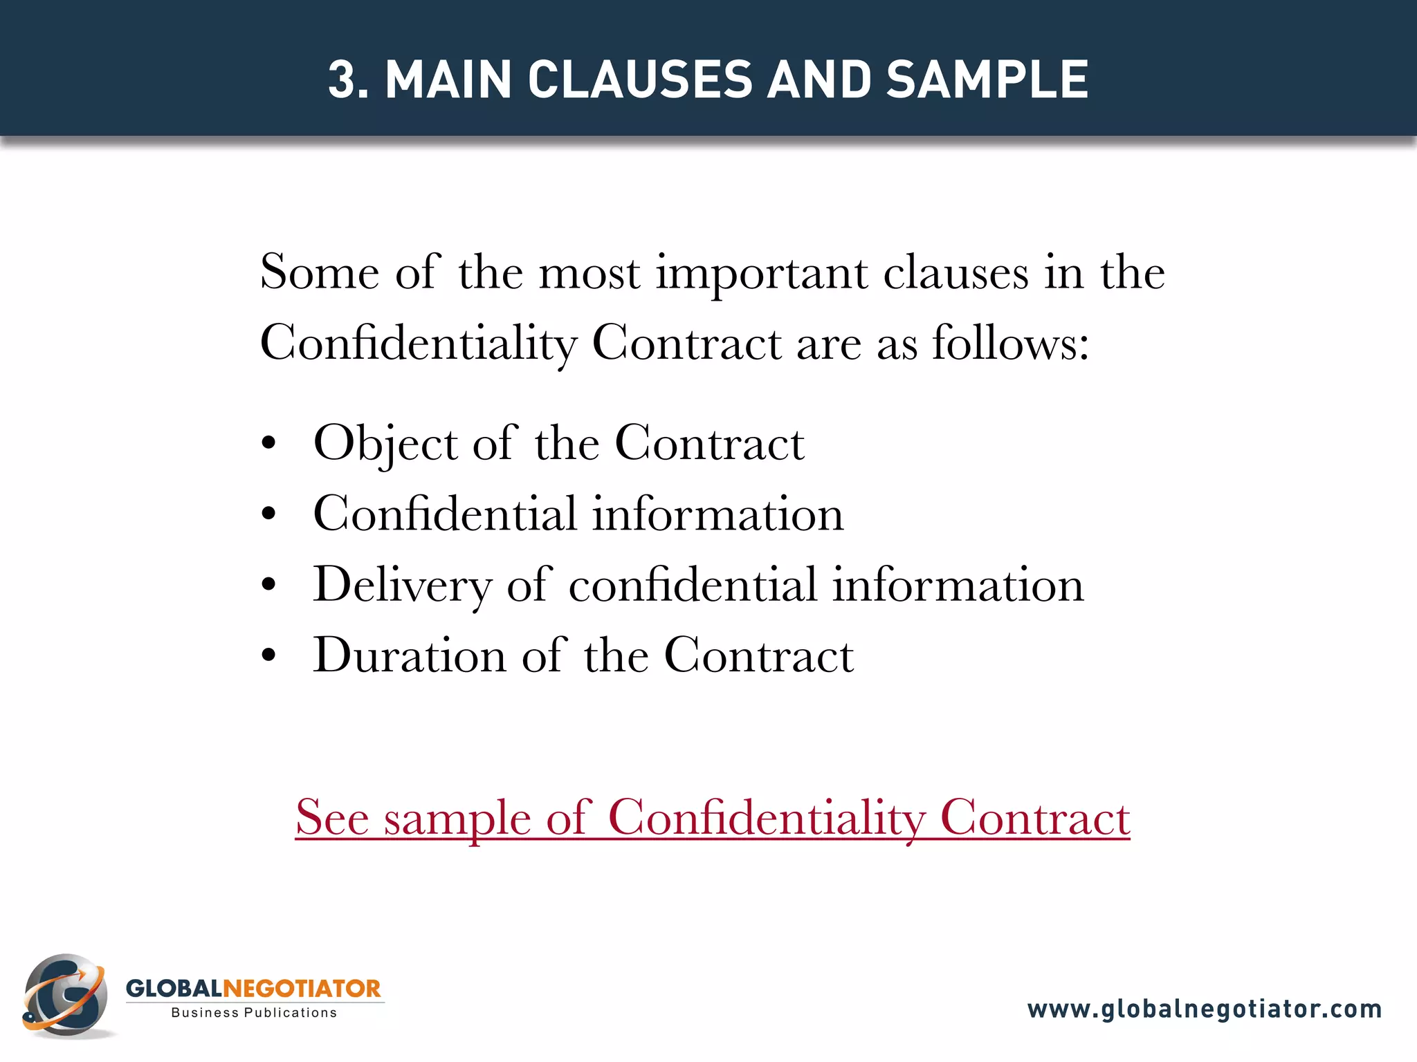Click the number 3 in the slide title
pyautogui.click(x=343, y=80)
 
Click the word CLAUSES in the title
pyautogui.click(x=639, y=80)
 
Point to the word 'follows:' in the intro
pyautogui.click(x=1010, y=343)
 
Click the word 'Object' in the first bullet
pyautogui.click(x=385, y=444)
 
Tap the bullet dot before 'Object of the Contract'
pyautogui.click(x=269, y=443)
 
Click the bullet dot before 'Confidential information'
pyautogui.click(x=269, y=514)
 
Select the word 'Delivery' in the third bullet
pyautogui.click(x=401, y=586)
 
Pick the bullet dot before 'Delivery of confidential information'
pyautogui.click(x=269, y=585)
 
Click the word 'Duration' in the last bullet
pyautogui.click(x=409, y=655)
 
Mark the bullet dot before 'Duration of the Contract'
pyautogui.click(x=269, y=655)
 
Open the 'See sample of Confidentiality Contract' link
pyautogui.click(x=712, y=819)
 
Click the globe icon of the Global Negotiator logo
pyautogui.click(x=66, y=996)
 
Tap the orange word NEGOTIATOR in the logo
pyautogui.click(x=302, y=989)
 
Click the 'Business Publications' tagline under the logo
pyautogui.click(x=254, y=1013)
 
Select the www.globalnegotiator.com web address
pyautogui.click(x=1204, y=1009)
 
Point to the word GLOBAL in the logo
pyautogui.click(x=174, y=989)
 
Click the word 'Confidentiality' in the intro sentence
pyautogui.click(x=418, y=343)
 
